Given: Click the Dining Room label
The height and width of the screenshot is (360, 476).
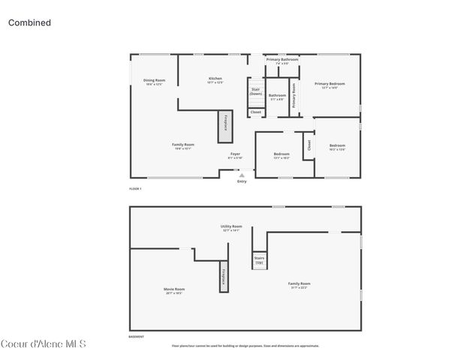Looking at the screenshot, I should pos(155,81).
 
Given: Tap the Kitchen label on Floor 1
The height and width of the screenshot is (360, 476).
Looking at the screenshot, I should pos(215,79).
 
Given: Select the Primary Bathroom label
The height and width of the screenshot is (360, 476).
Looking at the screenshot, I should pos(282,60).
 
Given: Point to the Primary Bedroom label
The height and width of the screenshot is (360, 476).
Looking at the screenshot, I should pos(330,85).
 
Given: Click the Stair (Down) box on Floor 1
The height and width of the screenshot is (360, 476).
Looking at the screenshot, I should pos(256,92).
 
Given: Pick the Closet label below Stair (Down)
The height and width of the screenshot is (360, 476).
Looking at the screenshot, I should pos(256,112).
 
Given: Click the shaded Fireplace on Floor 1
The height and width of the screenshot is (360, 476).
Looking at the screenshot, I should pos(223,127).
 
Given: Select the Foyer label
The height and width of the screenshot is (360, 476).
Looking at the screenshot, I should pos(235,155).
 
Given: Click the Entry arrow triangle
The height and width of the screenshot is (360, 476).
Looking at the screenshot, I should pos(241,175).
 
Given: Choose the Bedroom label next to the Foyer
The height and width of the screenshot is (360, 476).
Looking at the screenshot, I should pos(281,155).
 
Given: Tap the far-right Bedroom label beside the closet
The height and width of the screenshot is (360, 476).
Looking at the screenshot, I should pos(337,146).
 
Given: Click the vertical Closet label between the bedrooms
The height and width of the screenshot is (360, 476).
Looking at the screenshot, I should pos(308,145).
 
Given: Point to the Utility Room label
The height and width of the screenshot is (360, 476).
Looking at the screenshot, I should pos(230,227).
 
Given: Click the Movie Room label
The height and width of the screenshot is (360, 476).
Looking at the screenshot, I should pos(174,290).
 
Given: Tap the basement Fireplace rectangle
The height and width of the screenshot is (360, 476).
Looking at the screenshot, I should pos(223,277).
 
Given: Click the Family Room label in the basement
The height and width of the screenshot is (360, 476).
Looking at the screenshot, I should pos(299,284).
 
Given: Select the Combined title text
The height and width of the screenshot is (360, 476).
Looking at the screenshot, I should pos(29,22).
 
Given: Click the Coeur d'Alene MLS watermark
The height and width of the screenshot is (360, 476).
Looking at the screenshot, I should pos(44,344).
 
